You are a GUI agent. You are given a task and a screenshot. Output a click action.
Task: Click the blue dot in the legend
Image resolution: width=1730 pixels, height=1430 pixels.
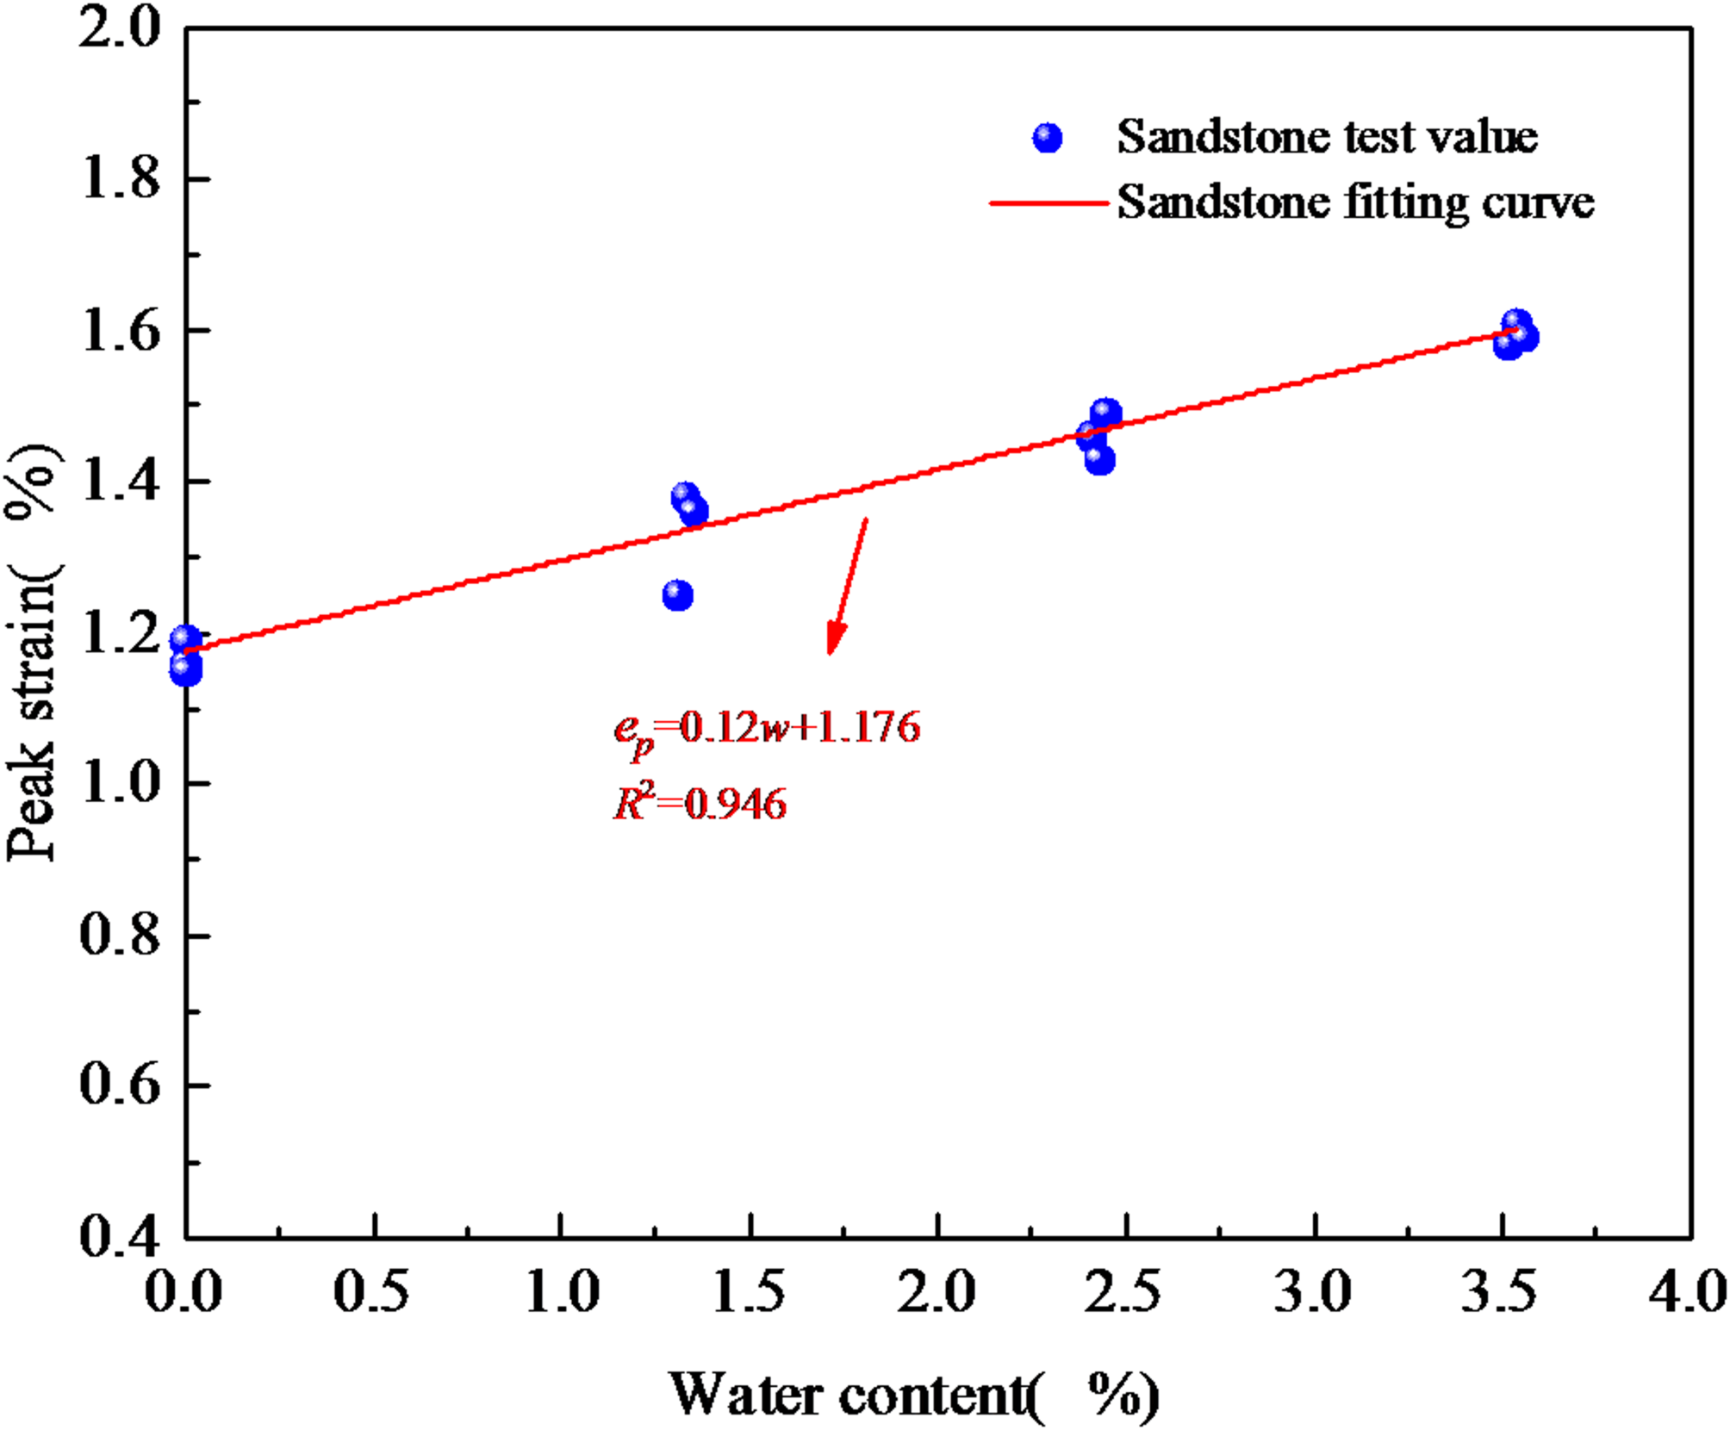coord(1047,138)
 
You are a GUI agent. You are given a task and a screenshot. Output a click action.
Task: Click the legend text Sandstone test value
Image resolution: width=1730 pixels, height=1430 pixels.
coord(1327,137)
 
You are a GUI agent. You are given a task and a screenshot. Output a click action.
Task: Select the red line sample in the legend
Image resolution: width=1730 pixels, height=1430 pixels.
coord(1049,203)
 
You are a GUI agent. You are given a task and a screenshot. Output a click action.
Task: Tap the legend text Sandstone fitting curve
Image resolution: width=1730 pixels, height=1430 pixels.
coord(1355,203)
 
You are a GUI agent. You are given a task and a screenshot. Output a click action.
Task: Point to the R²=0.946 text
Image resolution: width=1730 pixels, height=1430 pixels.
coord(700,805)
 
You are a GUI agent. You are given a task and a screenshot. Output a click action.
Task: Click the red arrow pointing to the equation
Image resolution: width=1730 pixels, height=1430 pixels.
coord(848,586)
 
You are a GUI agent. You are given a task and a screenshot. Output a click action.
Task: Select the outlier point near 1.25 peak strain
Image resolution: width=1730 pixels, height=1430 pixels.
coord(678,594)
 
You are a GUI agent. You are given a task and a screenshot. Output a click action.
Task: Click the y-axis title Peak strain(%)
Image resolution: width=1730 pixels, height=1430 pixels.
coord(33,652)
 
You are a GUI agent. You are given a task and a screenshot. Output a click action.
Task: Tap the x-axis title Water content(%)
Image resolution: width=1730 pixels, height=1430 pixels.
coord(913,1394)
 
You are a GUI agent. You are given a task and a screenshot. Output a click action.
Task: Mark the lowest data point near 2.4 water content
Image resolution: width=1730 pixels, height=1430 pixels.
coord(1099,459)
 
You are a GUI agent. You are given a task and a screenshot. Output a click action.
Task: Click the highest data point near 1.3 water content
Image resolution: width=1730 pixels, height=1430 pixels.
coord(685,495)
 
